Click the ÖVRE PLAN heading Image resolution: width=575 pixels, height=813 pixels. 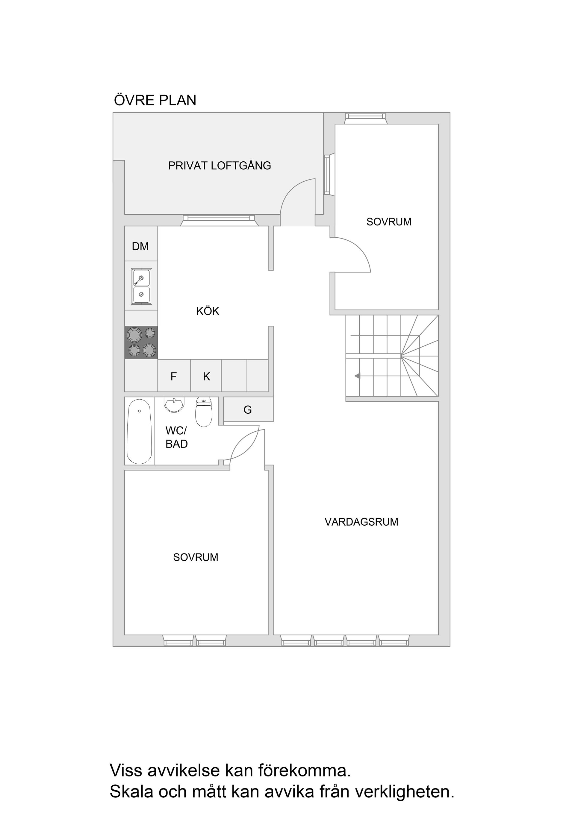point(155,100)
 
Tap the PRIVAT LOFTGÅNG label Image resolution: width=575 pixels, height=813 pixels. point(219,166)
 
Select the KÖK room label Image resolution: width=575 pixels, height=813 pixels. point(208,311)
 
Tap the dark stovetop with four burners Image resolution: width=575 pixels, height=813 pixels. point(141,342)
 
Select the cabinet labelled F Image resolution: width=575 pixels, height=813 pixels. point(174,376)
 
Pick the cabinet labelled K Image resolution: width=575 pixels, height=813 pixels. point(206,376)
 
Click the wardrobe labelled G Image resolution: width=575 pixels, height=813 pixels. point(248,410)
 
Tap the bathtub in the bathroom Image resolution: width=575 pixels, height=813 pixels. point(139,431)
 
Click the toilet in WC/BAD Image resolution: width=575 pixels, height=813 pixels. point(204,412)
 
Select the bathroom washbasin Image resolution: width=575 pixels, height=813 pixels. point(174,405)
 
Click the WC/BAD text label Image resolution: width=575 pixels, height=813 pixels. point(176,437)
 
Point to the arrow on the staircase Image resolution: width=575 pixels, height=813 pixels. point(358,376)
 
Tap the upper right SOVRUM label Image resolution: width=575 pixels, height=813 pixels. point(389,222)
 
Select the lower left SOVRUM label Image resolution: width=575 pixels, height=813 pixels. point(196,557)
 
